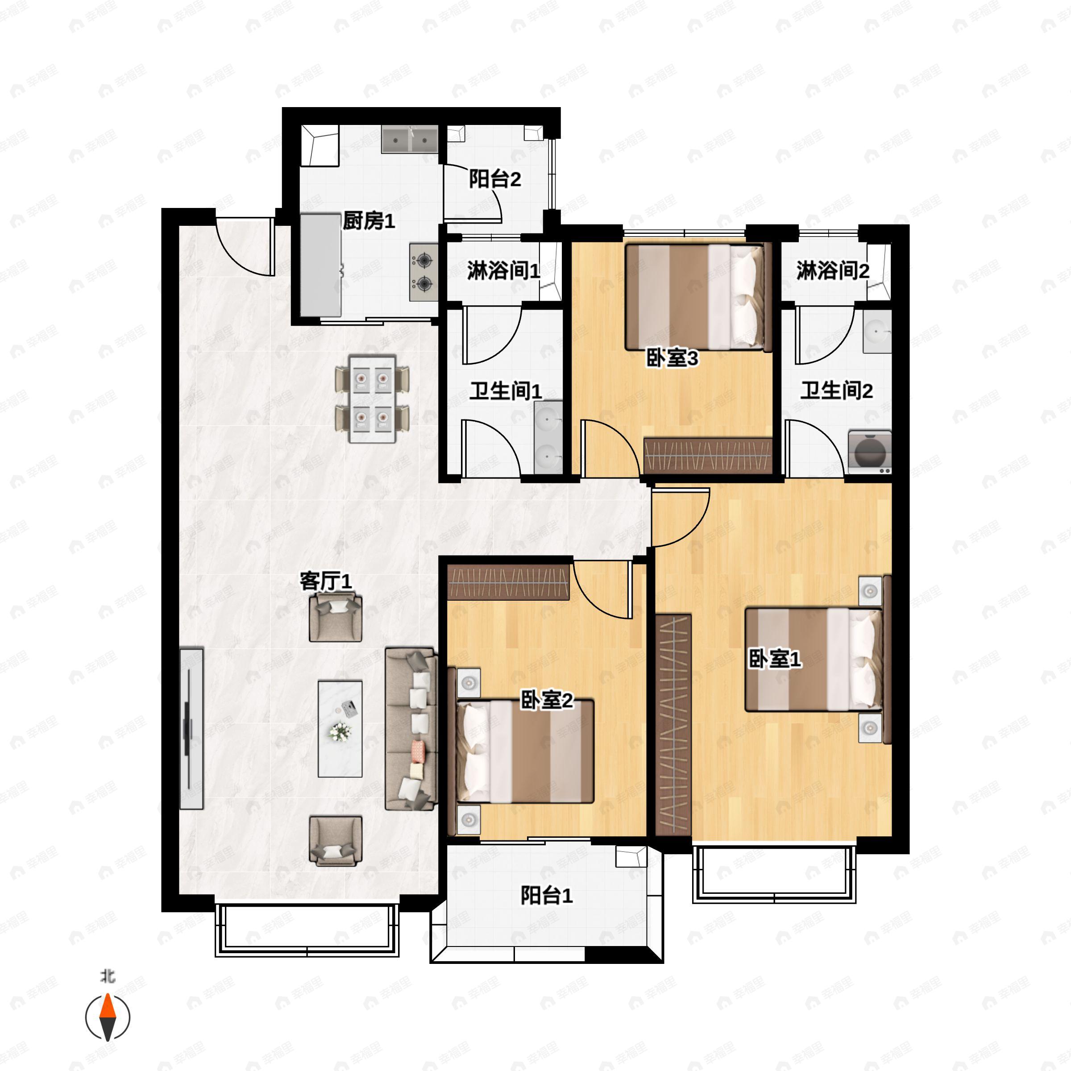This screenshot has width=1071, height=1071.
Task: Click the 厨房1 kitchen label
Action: click(x=369, y=221)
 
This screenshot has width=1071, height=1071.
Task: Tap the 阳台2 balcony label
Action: click(x=494, y=179)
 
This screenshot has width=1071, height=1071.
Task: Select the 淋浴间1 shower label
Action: click(x=503, y=271)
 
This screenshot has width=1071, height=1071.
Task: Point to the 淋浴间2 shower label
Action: click(x=833, y=271)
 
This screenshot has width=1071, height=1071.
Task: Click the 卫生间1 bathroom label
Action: click(x=506, y=391)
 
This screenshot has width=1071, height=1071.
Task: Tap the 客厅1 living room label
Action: click(x=325, y=581)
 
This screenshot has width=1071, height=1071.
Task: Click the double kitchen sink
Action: click(x=410, y=139)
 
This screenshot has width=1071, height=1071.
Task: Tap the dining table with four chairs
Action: click(x=373, y=399)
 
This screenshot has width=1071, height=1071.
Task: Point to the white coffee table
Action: click(x=340, y=728)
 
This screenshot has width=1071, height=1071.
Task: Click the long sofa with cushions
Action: click(x=410, y=728)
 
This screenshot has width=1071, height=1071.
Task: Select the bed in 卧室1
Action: click(x=813, y=660)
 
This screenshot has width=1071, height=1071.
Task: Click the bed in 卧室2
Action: click(x=524, y=751)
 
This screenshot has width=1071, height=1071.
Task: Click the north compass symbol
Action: click(x=108, y=1017)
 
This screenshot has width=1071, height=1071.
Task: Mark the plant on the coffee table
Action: click(x=339, y=732)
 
